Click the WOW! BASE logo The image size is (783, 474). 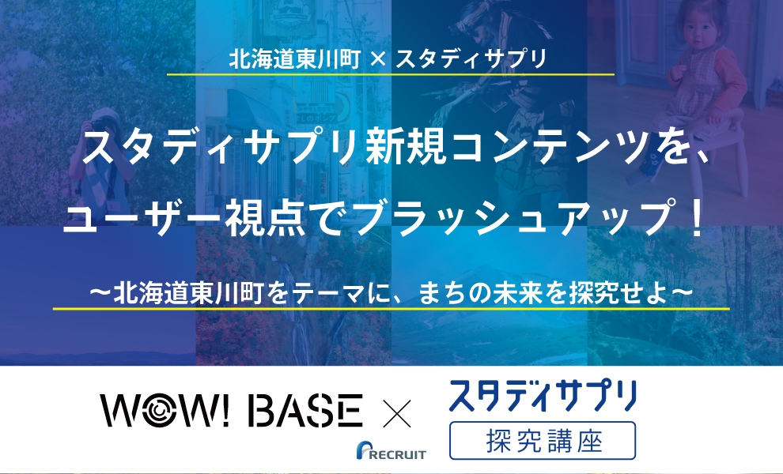(232, 410)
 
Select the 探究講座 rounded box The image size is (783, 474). (543, 441)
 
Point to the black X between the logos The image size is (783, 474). (397, 414)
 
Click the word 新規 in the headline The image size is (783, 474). (406, 149)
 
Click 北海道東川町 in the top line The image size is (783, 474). (295, 60)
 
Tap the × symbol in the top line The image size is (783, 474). (379, 60)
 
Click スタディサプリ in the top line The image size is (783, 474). (471, 60)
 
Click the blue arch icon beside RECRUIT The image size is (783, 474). (364, 450)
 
